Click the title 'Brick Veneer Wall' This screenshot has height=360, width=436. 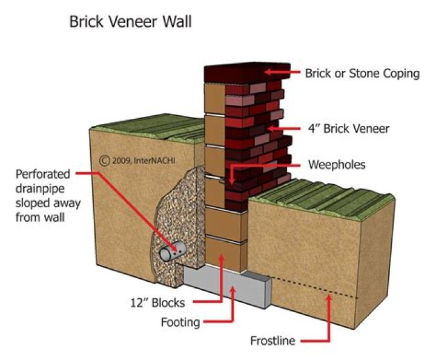tap(131, 22)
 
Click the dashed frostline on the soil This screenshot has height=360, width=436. tap(315, 289)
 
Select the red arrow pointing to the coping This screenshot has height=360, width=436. tap(285, 73)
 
